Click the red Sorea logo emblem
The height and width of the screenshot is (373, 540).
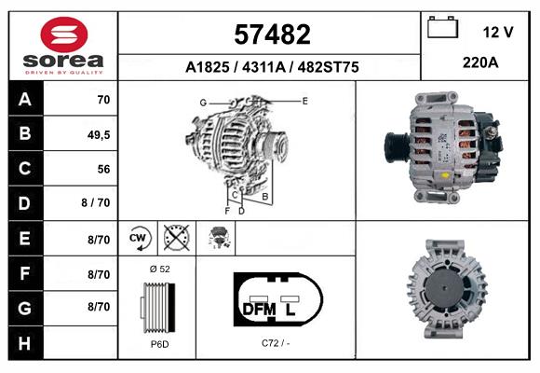tap(64, 35)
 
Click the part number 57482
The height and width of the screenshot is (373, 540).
tap(272, 35)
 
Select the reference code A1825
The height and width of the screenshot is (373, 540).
tap(207, 67)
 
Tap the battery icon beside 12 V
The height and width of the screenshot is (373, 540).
tap(442, 27)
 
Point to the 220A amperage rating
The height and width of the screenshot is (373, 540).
tap(480, 62)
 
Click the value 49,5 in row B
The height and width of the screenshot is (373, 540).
tap(99, 135)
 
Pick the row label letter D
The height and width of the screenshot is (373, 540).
tap(24, 203)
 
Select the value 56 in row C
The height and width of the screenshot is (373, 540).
tap(103, 169)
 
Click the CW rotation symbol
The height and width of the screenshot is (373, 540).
tap(139, 238)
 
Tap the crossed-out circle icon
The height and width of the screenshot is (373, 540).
tap(177, 238)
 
